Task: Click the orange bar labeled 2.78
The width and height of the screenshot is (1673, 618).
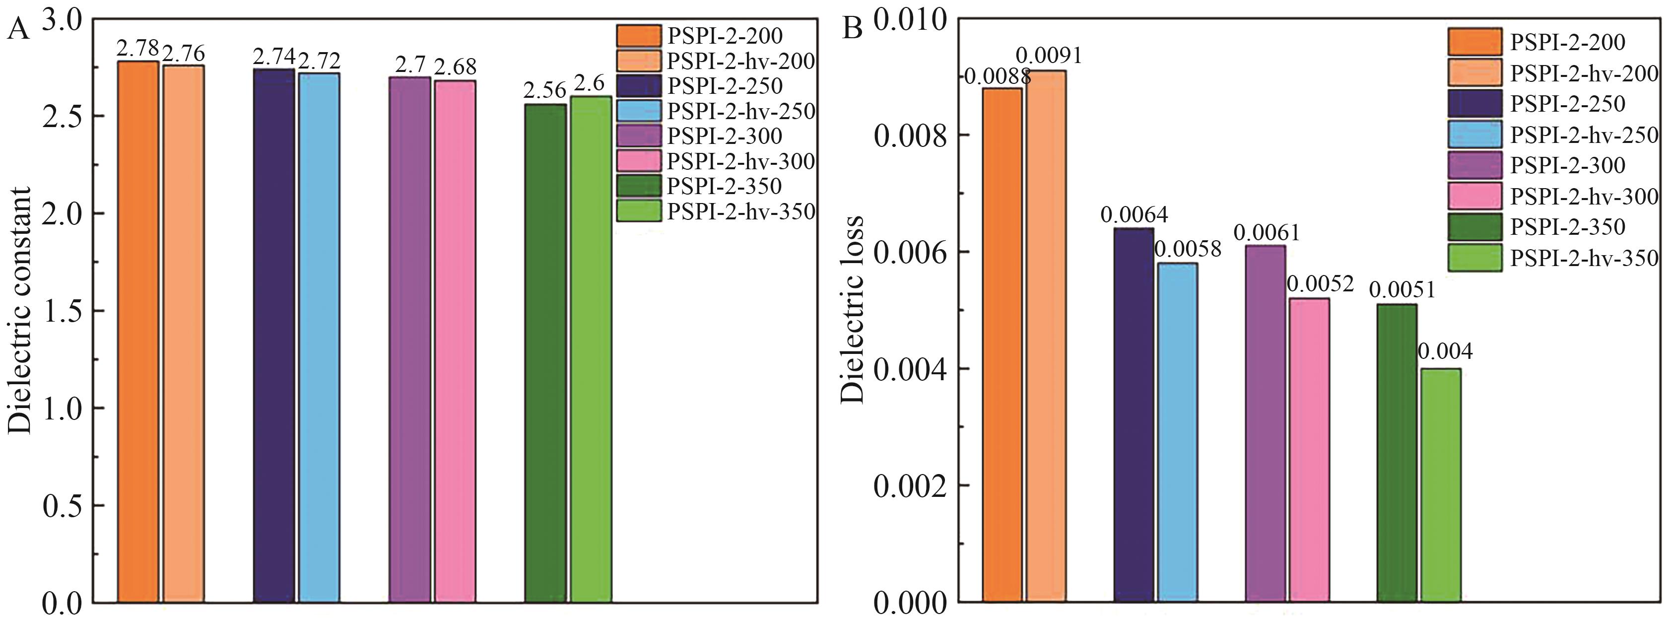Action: (x=137, y=332)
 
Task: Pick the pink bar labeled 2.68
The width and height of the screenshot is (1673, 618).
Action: (x=455, y=341)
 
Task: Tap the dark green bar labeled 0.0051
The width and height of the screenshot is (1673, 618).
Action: (x=1397, y=452)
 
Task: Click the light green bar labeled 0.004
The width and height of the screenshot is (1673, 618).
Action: (x=1441, y=484)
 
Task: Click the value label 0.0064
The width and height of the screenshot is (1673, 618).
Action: (x=1134, y=214)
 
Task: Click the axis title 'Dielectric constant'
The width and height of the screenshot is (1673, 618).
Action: (x=19, y=311)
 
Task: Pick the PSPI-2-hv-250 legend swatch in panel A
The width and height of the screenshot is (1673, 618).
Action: (x=638, y=111)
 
